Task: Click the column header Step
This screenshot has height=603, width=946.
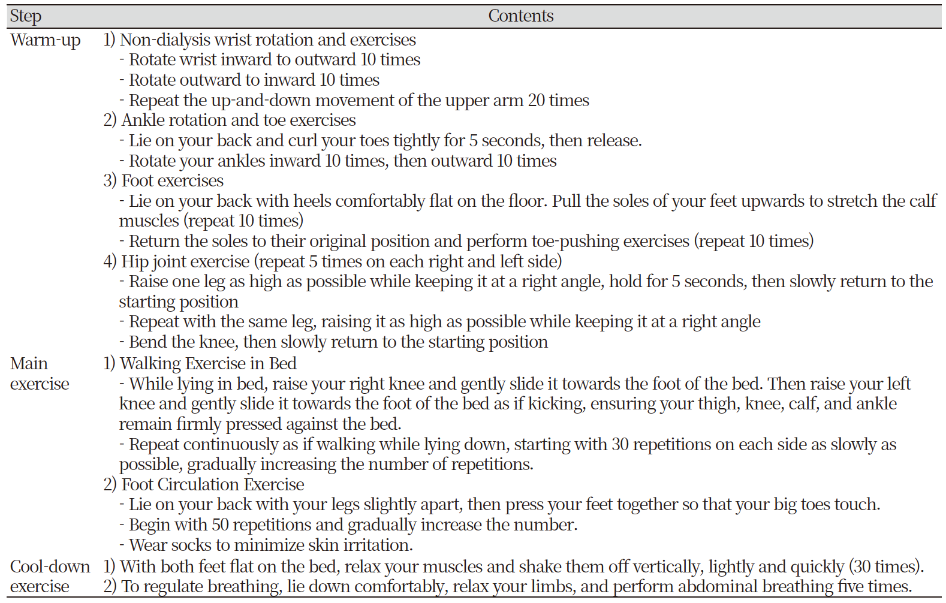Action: (26, 16)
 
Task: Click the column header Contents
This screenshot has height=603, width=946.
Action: (520, 16)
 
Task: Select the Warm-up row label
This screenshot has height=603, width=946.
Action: (46, 40)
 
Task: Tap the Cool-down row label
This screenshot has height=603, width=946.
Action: (50, 566)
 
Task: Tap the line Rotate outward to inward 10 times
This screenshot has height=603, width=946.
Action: (254, 80)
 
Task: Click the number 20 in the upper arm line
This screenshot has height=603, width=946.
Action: (536, 101)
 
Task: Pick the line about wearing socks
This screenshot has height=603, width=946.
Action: (271, 545)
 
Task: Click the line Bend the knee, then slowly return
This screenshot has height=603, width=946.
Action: (338, 342)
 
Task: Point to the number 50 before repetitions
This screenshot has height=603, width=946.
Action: (220, 525)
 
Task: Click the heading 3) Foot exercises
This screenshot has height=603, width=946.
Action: (164, 181)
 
